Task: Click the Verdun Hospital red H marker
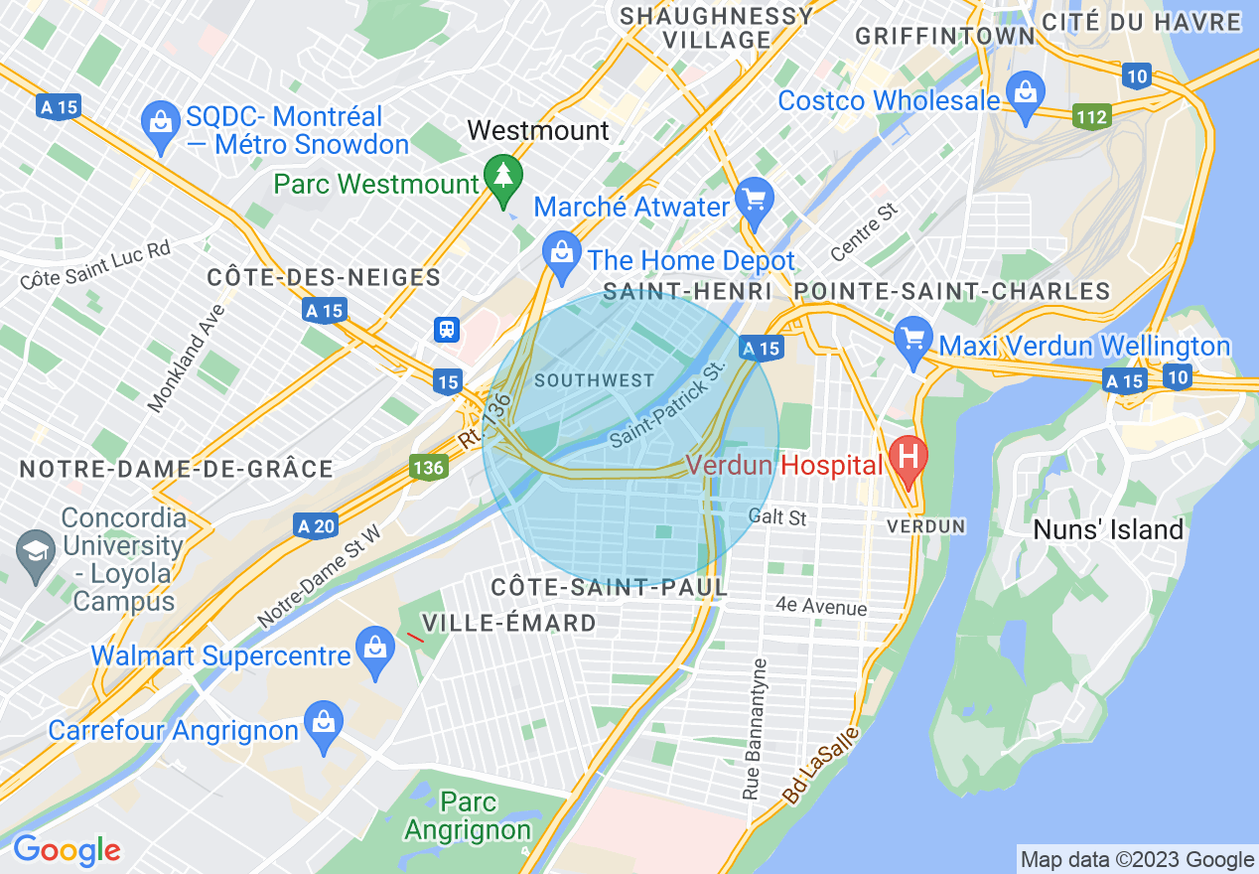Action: tap(907, 458)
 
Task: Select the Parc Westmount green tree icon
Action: tap(504, 176)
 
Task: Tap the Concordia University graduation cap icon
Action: tap(36, 548)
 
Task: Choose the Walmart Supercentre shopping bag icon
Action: tap(374, 648)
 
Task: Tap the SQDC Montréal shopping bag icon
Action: tap(159, 123)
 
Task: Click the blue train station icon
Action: tap(446, 329)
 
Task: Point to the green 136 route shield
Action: tap(428, 466)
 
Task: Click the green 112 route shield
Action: tap(1091, 117)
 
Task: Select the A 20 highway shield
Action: tap(316, 525)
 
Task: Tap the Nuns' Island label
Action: tap(1108, 529)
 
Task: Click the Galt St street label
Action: tap(776, 516)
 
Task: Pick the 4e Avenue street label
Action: tap(821, 607)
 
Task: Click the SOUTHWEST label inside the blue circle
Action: tap(594, 380)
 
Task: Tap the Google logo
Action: tap(67, 850)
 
